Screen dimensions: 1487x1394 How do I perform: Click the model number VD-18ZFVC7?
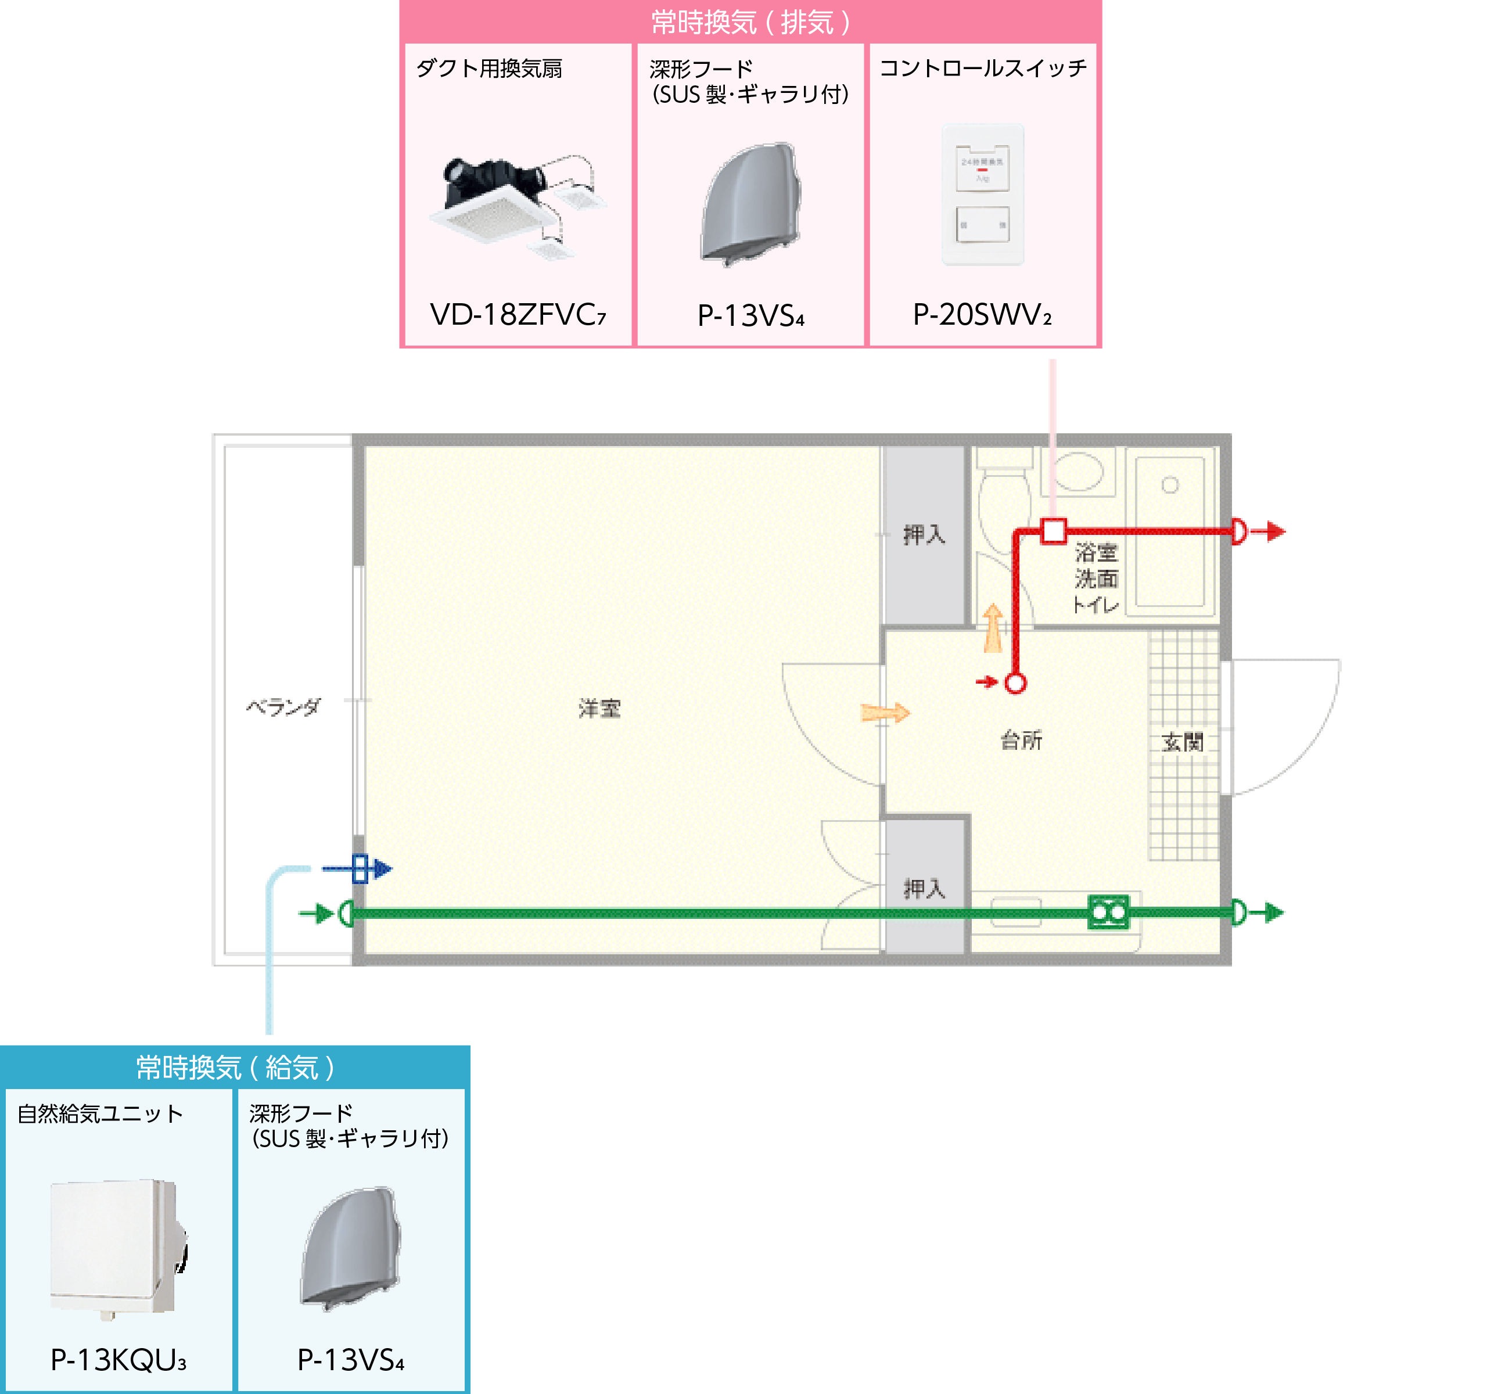(518, 315)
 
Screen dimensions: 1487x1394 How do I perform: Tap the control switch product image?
(982, 195)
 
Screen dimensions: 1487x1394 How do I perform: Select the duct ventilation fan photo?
(518, 202)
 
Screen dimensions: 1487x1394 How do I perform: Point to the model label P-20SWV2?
(982, 315)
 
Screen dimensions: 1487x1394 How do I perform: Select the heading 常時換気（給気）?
(235, 1067)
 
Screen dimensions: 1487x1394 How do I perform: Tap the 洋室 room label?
(599, 708)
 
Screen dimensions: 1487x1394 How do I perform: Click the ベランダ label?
(283, 707)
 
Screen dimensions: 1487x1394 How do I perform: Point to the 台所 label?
(1021, 741)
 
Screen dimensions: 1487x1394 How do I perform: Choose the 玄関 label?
(1183, 743)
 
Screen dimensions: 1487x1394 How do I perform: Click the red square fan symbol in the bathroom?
(1053, 531)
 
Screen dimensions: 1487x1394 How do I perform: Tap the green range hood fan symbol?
(1108, 912)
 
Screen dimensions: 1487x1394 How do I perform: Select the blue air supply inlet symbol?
(360, 868)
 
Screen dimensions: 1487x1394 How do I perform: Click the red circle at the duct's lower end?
(1015, 683)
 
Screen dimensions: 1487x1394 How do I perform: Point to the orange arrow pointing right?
(885, 713)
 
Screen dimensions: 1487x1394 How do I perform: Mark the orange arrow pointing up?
(993, 628)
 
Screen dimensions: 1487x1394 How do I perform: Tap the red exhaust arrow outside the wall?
(1269, 531)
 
